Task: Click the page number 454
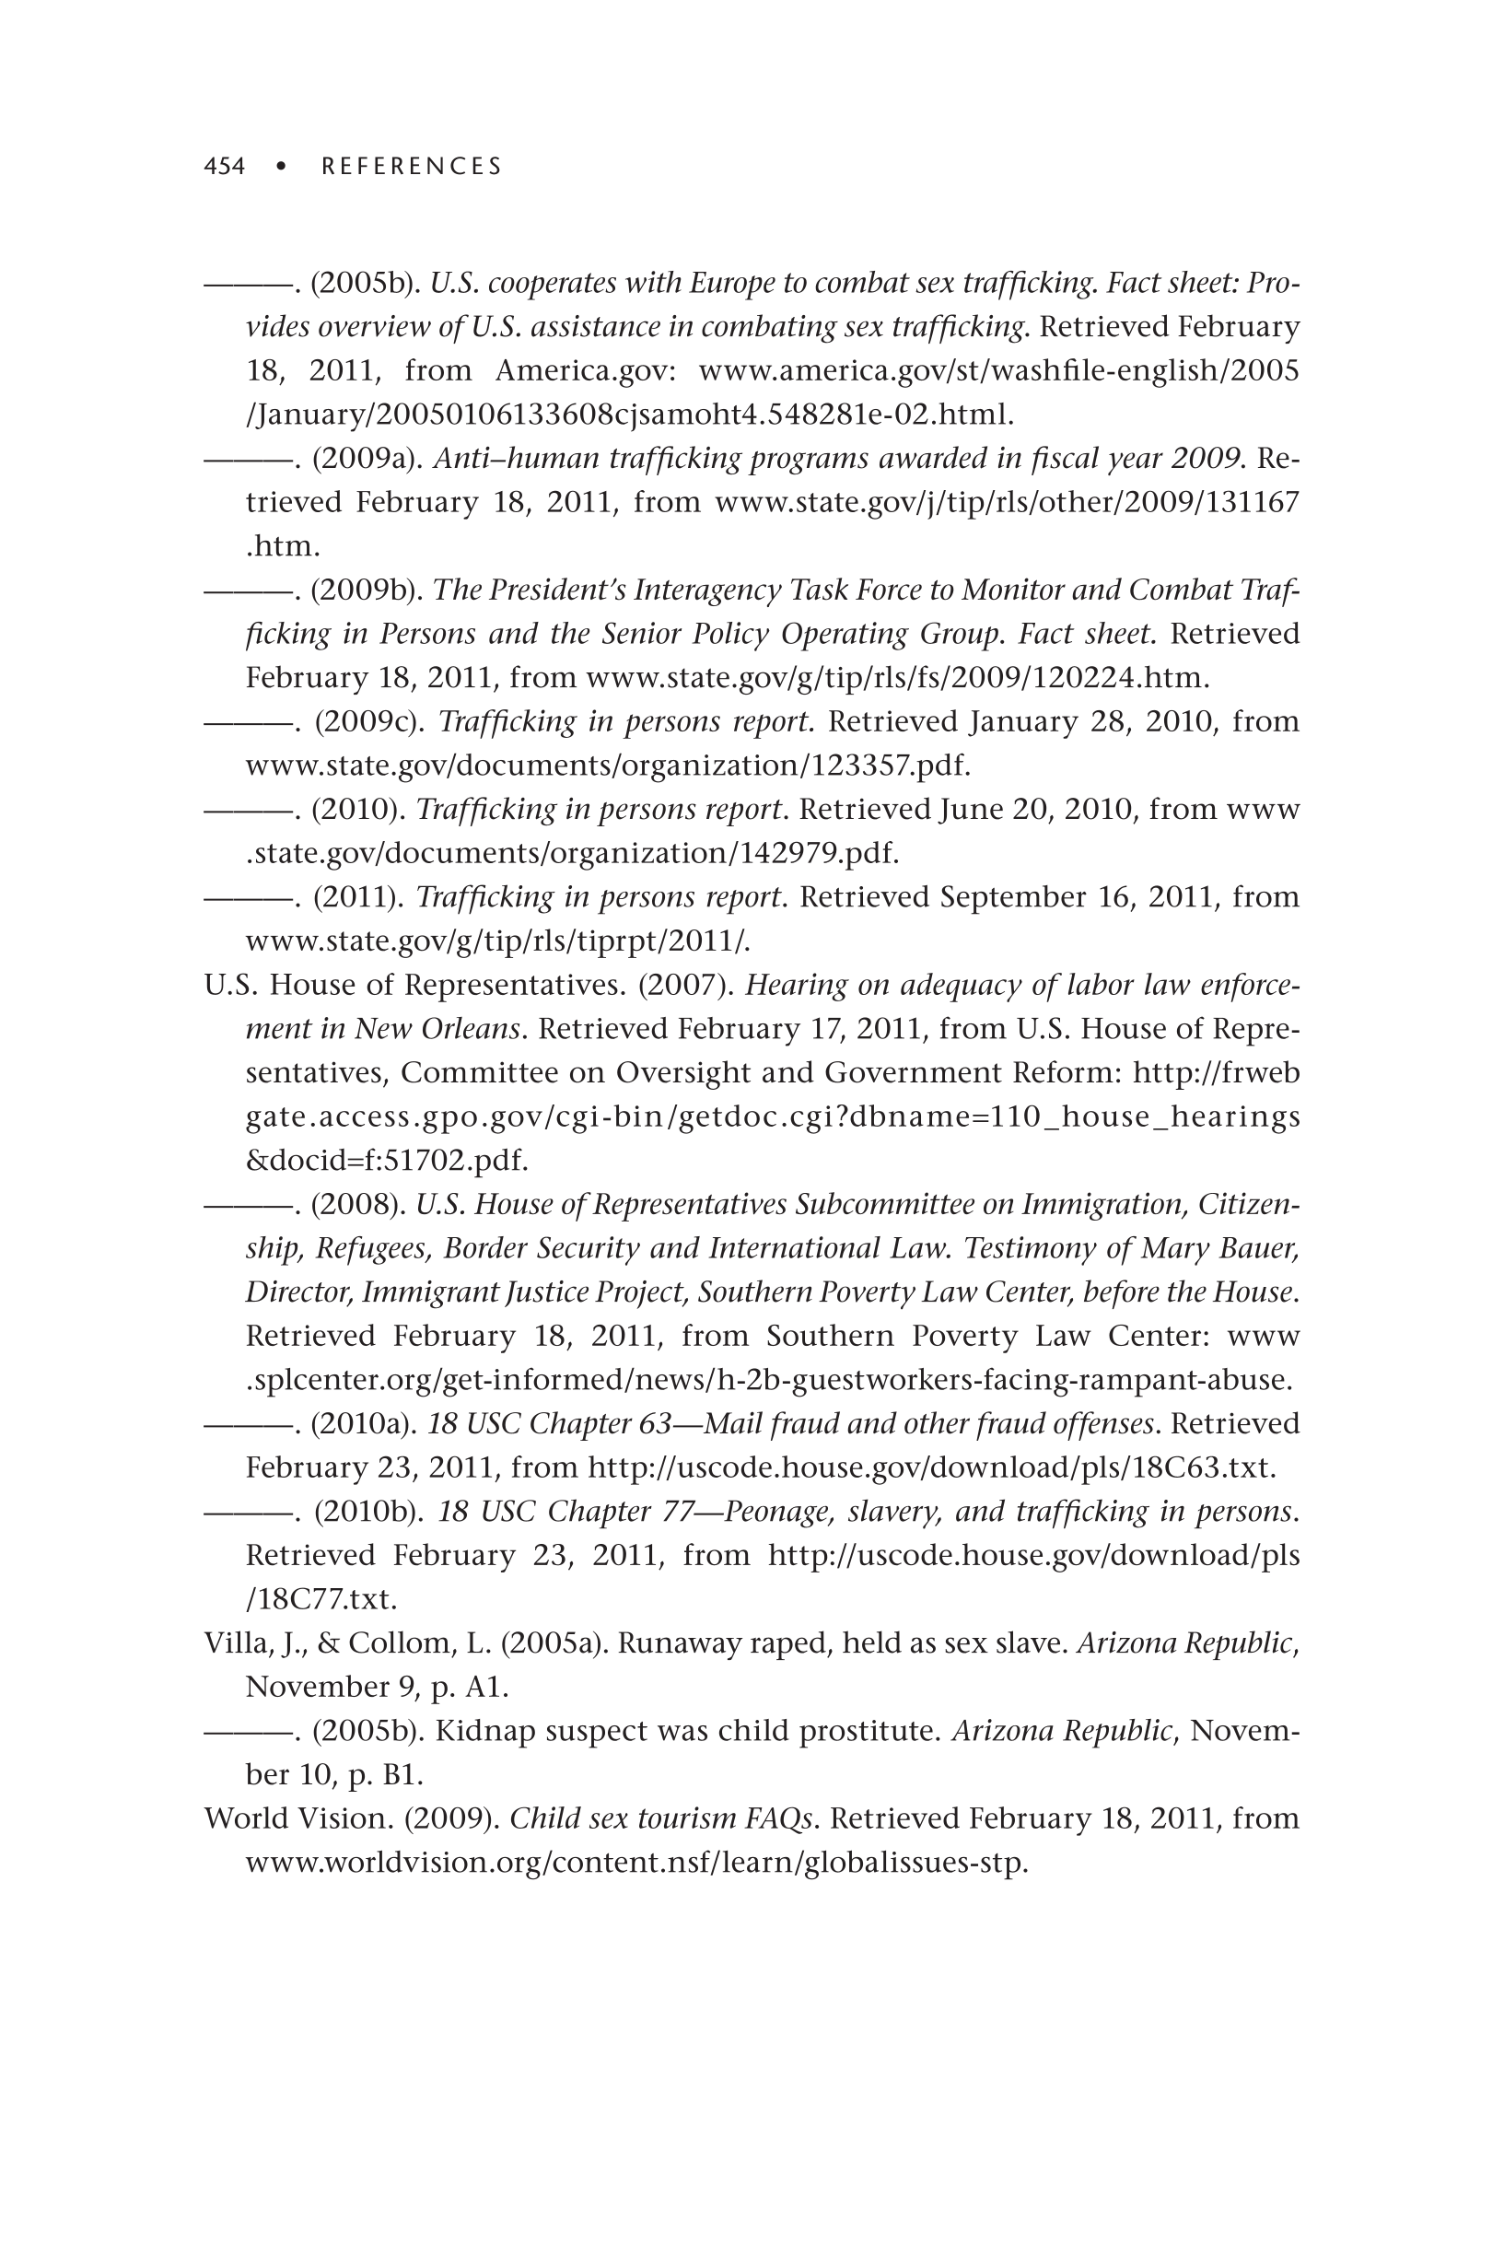click(225, 167)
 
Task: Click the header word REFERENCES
click(412, 167)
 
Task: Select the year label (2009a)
click(367, 459)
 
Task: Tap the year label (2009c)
click(369, 721)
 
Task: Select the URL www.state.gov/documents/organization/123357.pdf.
click(608, 766)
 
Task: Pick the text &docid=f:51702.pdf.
click(387, 1161)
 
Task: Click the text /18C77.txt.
click(321, 1599)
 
